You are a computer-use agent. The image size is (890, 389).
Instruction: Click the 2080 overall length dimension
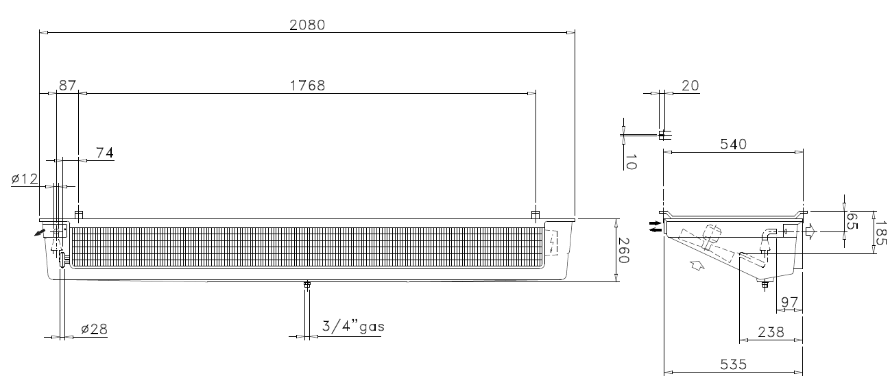click(x=307, y=25)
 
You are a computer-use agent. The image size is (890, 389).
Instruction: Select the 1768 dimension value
click(x=308, y=86)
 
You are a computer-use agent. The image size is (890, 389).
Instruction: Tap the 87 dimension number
click(x=67, y=86)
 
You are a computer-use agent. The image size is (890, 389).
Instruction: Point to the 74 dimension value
click(x=105, y=153)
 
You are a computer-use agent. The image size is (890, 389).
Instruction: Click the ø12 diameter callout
click(x=25, y=179)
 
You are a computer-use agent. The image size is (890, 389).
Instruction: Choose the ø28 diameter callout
click(x=94, y=329)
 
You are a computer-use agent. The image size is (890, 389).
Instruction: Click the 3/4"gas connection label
click(x=353, y=327)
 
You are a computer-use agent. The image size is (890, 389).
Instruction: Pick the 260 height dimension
click(x=623, y=251)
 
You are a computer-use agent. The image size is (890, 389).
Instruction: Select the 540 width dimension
click(x=734, y=145)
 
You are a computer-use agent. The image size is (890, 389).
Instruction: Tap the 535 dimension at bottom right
click(x=734, y=364)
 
